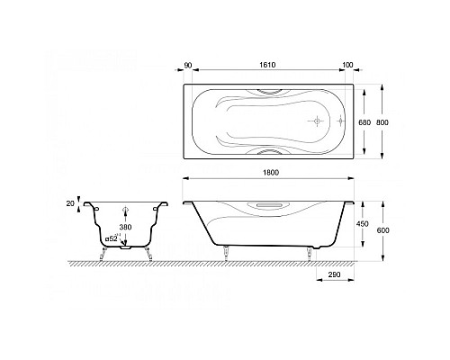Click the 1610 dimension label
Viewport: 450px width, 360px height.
(267, 65)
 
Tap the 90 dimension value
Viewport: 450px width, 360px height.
(188, 65)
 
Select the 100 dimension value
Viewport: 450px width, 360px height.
(347, 65)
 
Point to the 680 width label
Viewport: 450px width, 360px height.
(364, 122)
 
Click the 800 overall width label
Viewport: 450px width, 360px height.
(382, 122)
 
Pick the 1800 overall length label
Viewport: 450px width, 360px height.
(271, 173)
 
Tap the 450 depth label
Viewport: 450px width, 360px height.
(363, 224)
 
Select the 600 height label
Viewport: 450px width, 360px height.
(383, 230)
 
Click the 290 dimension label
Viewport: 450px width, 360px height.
(335, 274)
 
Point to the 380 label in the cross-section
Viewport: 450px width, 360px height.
(125, 227)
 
